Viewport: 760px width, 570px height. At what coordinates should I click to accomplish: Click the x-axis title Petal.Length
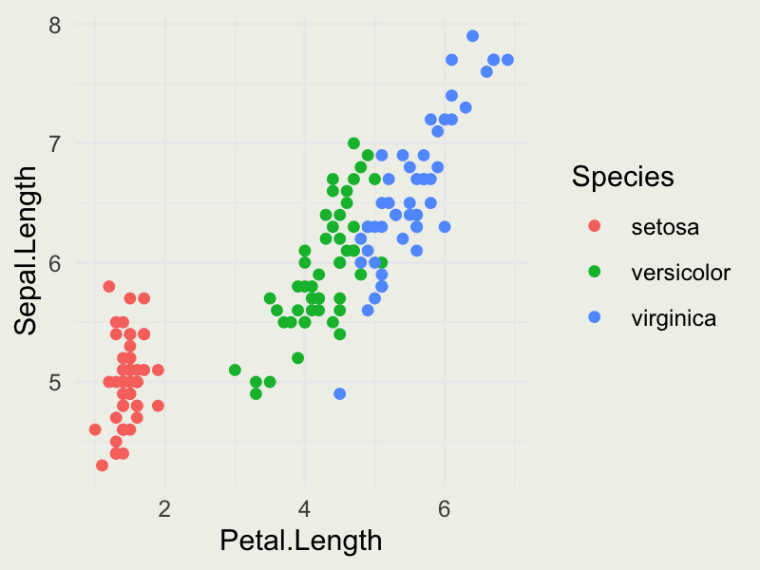[300, 541]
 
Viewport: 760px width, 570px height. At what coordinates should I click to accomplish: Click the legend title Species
[623, 177]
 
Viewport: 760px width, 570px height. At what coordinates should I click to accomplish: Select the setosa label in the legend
[665, 227]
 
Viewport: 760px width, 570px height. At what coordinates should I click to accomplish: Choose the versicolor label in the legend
[681, 273]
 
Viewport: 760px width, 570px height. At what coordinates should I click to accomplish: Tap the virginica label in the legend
[674, 318]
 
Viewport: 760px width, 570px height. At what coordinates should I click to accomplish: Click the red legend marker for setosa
[596, 227]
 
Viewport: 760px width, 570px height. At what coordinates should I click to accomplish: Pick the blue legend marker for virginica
[596, 318]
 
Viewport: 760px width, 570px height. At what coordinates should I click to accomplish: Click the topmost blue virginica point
[472, 36]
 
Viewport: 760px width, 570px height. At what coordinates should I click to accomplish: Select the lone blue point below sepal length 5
[340, 393]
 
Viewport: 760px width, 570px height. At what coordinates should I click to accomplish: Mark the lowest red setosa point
[102, 465]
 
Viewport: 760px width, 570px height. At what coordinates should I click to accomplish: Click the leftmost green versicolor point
[235, 370]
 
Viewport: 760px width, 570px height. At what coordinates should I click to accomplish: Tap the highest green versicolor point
[353, 143]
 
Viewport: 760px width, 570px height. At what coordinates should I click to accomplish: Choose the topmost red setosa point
[109, 286]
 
